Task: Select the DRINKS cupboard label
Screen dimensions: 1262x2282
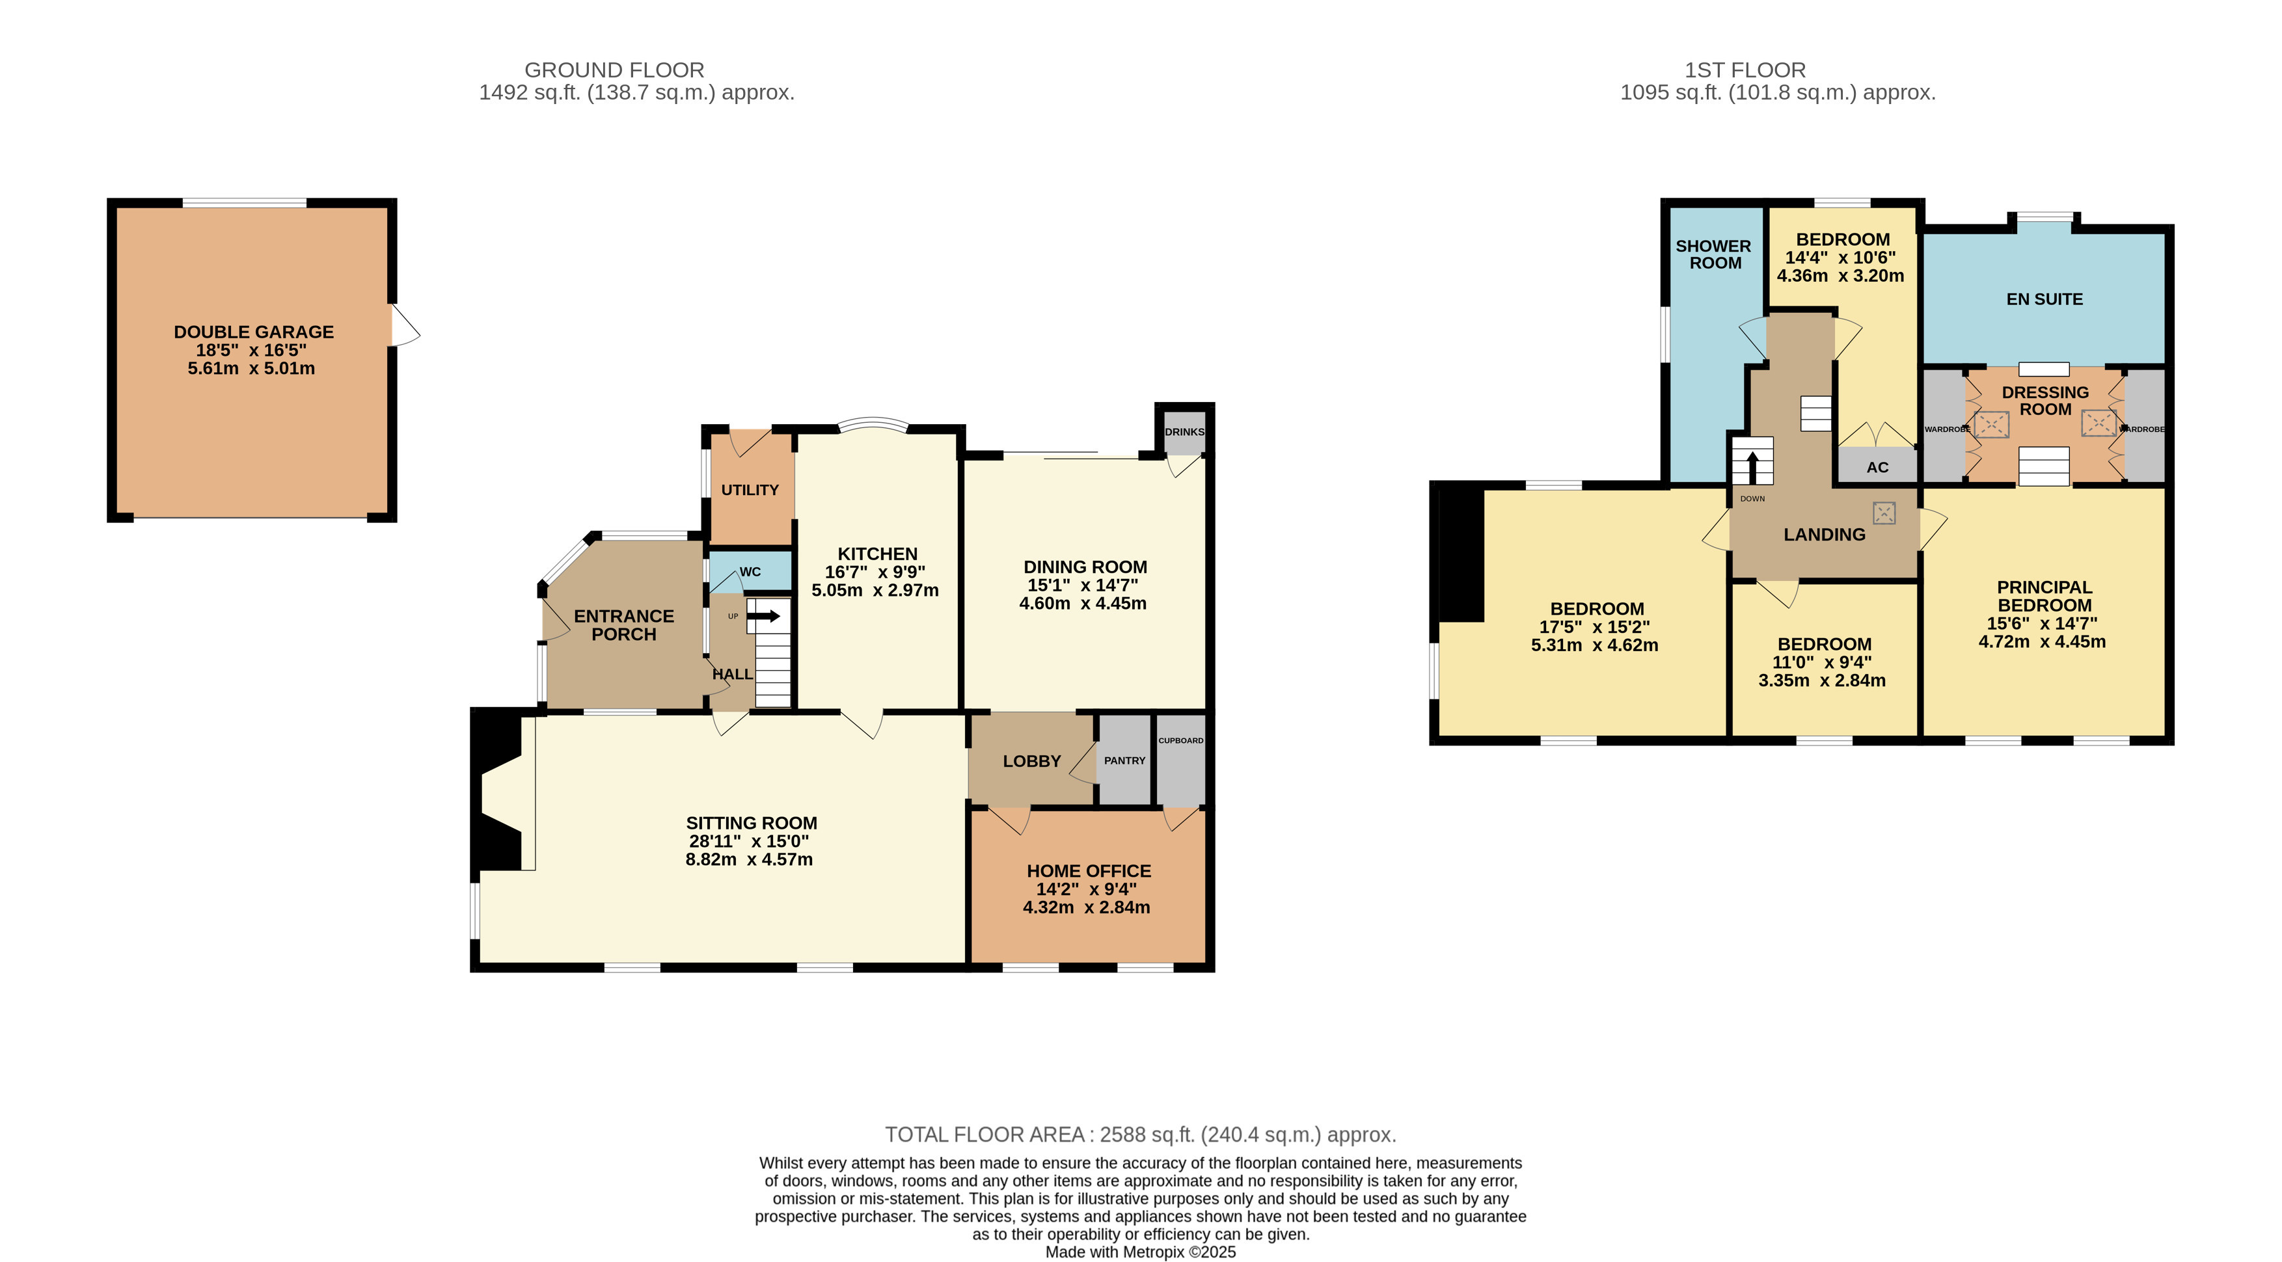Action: tap(1184, 432)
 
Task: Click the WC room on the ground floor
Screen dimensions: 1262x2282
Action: tap(750, 571)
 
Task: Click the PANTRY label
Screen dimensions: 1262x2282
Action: tap(1124, 760)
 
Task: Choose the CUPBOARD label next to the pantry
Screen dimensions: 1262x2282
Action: tap(1181, 740)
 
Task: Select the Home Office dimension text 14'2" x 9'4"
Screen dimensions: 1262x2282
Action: tap(1086, 889)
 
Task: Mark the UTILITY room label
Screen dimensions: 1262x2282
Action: tap(750, 490)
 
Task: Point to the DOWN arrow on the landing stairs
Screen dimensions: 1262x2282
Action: tap(1752, 466)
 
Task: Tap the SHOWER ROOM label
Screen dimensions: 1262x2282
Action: tap(1713, 254)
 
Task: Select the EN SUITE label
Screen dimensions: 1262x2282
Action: tap(2044, 299)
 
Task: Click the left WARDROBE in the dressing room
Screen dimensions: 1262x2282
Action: tap(1944, 429)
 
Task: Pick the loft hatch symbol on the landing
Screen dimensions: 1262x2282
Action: tap(1883, 513)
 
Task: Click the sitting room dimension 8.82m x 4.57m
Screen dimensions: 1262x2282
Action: tap(748, 859)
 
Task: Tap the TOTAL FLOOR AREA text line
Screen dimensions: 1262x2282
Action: tap(1140, 1134)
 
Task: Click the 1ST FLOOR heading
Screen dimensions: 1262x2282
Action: tap(1745, 70)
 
